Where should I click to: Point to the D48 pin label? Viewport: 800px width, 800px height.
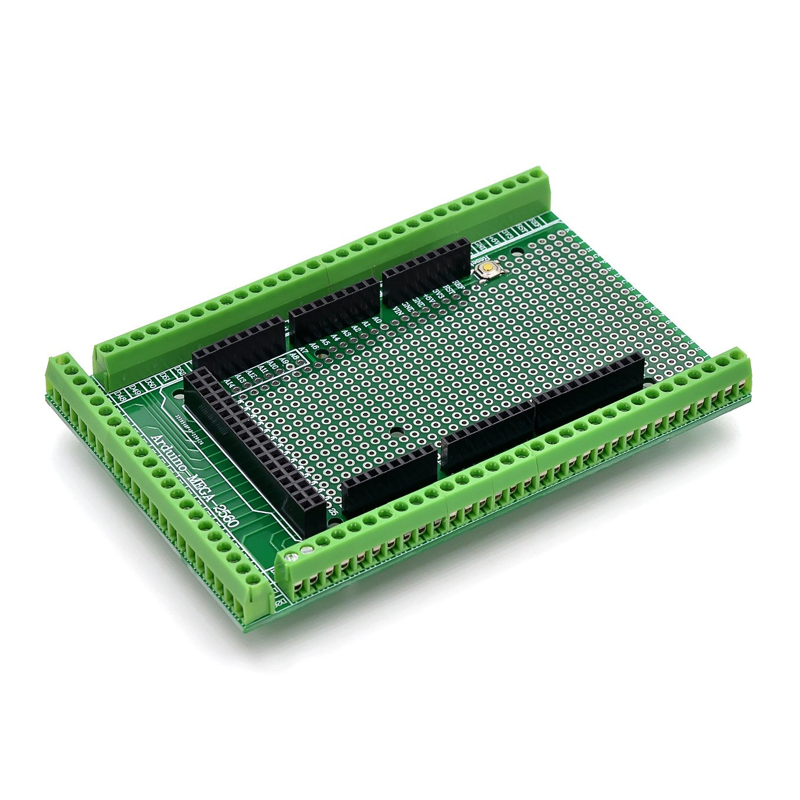click(x=121, y=395)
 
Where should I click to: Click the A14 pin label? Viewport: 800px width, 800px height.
click(x=229, y=382)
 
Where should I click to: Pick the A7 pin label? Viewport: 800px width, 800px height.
click(x=304, y=352)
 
